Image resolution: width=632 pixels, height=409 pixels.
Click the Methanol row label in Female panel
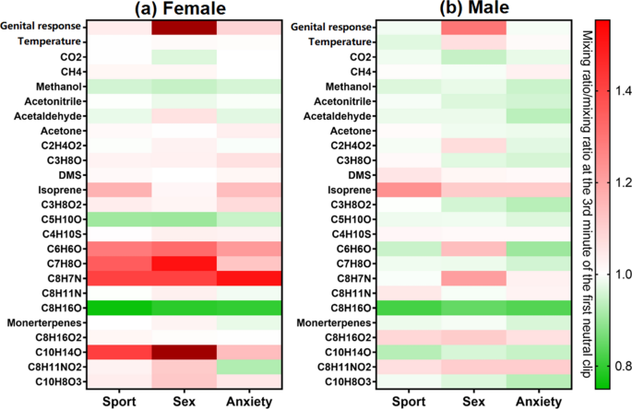pyautogui.click(x=59, y=86)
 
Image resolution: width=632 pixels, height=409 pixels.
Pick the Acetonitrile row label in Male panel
pyautogui.click(x=339, y=101)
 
